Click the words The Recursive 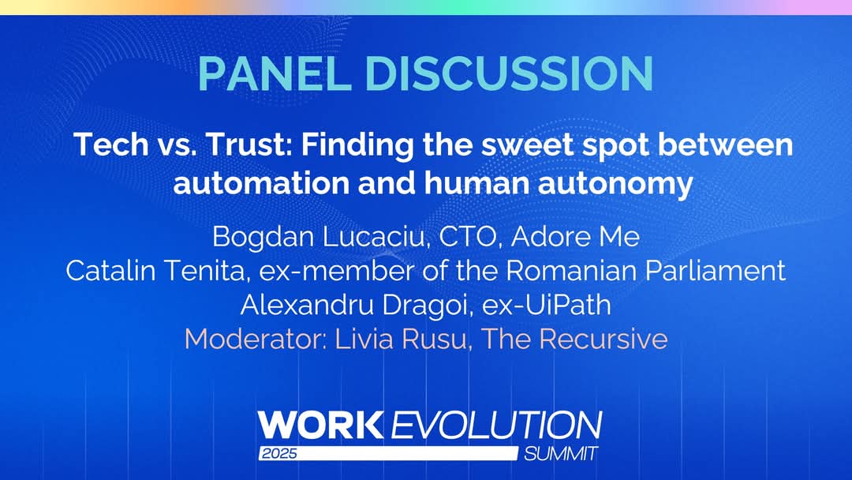pos(575,339)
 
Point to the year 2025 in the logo pos(278,455)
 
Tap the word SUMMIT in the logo pos(561,454)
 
